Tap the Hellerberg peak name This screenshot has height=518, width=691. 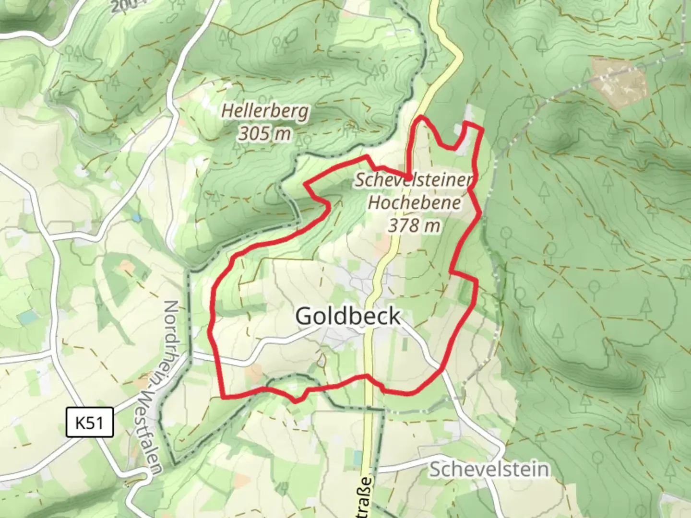pos(265,111)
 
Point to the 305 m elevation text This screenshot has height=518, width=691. pos(265,133)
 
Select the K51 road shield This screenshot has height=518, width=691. pos(89,423)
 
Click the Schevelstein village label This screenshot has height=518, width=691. pos(489,469)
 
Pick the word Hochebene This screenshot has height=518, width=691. pos(414,202)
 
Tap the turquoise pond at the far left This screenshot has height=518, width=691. pos(29,317)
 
